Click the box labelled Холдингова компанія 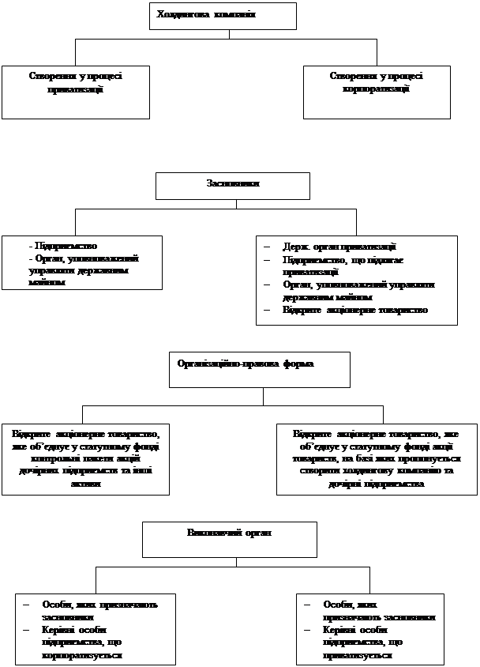pyautogui.click(x=223, y=16)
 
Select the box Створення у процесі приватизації pyautogui.click(x=75, y=91)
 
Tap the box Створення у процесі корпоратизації pyautogui.click(x=377, y=91)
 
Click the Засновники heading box pyautogui.click(x=232, y=186)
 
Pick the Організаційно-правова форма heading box pyautogui.click(x=259, y=369)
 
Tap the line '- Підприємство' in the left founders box pyautogui.click(x=62, y=247)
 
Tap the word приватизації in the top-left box pyautogui.click(x=75, y=90)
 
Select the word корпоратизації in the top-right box pyautogui.click(x=376, y=90)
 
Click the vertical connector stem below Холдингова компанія pyautogui.click(x=230, y=34)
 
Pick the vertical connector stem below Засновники pyautogui.click(x=236, y=204)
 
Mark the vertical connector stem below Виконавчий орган pyautogui.click(x=230, y=562)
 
